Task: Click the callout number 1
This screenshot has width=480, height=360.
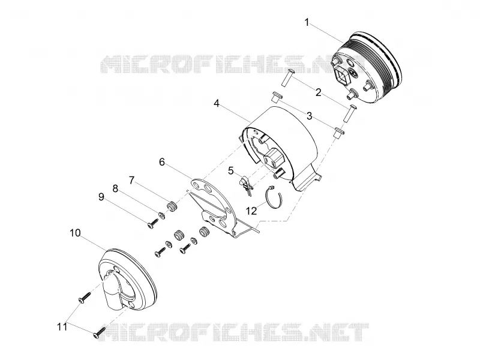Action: (307, 22)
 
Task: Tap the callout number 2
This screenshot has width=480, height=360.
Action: (319, 92)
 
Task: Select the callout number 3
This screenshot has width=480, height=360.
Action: (310, 116)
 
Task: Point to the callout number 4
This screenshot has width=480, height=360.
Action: (217, 103)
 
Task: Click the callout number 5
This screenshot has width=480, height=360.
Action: (230, 170)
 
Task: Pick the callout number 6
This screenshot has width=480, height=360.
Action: (162, 161)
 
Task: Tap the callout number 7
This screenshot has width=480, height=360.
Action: (131, 181)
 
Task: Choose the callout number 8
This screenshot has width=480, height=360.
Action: (115, 188)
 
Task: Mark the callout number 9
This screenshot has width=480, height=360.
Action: (101, 197)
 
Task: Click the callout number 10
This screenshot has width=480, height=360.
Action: (75, 233)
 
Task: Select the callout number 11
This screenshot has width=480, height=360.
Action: (62, 327)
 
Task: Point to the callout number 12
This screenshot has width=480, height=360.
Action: (251, 211)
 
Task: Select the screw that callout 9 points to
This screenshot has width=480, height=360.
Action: (152, 224)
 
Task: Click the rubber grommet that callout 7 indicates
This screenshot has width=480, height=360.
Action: (172, 206)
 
